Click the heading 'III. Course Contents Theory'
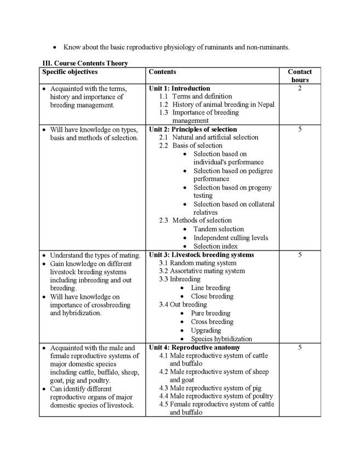point(85,63)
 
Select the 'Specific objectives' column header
point(70,72)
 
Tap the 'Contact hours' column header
point(300,76)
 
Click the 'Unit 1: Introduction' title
point(179,88)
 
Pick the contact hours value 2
point(300,88)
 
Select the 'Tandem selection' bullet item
point(219,229)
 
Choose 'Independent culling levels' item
point(231,238)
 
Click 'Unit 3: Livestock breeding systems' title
point(201,255)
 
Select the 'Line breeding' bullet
point(210,288)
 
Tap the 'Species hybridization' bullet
point(221,339)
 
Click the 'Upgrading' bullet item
point(206,331)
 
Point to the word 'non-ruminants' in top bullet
point(268,47)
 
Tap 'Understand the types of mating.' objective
point(95,255)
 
